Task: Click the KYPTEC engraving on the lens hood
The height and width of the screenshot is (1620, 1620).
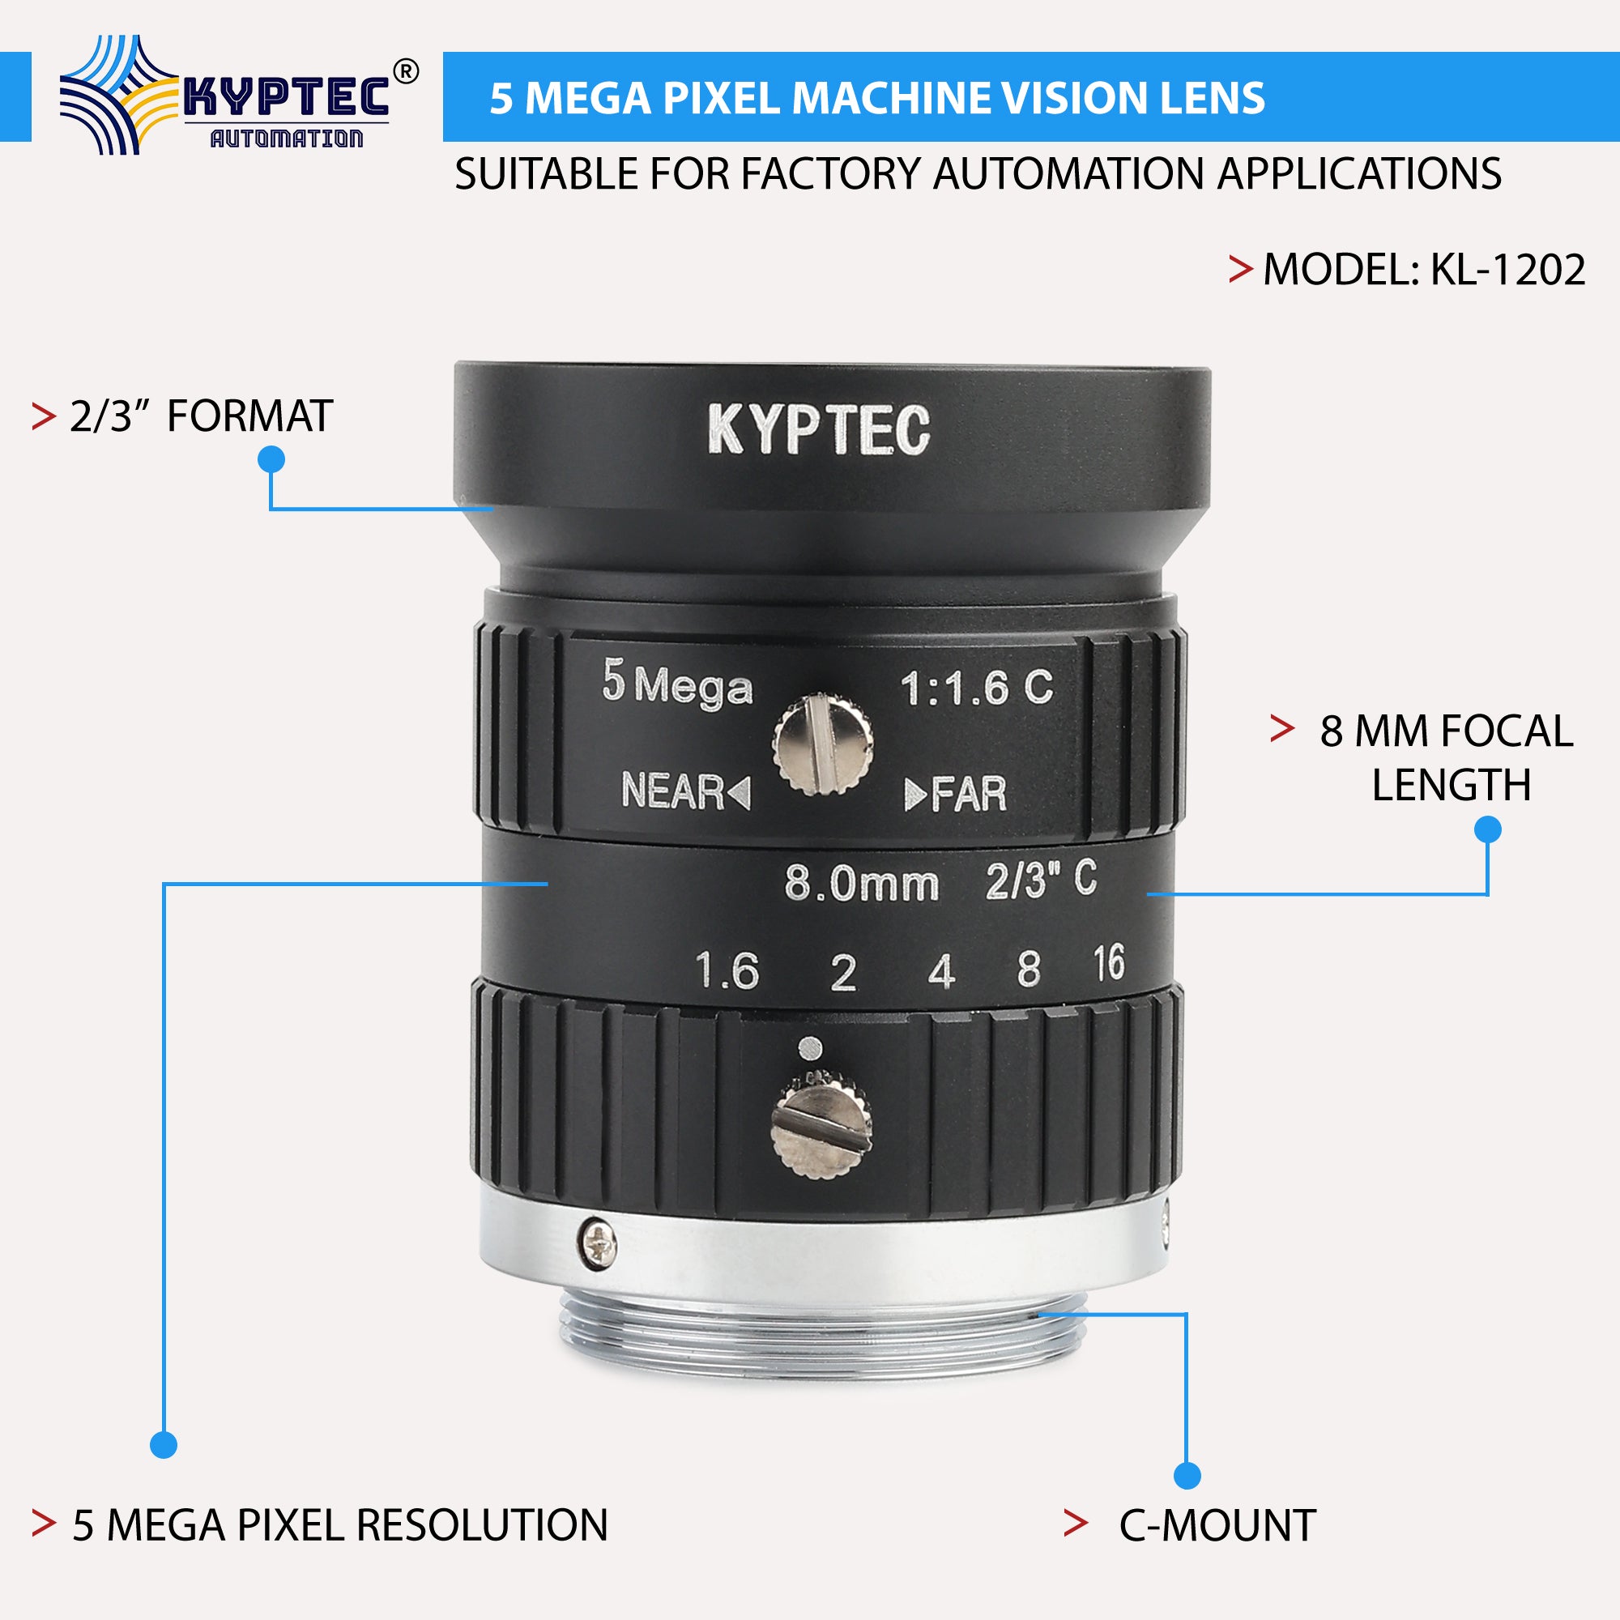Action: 818,430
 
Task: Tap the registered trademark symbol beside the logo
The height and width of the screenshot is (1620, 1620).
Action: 405,73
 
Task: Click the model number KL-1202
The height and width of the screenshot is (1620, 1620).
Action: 1507,270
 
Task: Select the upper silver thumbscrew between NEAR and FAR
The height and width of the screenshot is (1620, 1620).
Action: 823,744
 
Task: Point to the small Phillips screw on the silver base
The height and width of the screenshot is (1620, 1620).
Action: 599,1243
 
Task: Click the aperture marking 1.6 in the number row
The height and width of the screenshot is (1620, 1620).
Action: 727,971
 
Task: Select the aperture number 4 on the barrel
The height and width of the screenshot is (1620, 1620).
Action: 942,973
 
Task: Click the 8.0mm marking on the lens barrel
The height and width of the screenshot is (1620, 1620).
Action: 861,884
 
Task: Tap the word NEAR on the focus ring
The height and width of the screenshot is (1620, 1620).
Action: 672,791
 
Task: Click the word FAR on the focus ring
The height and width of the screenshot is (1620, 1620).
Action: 968,794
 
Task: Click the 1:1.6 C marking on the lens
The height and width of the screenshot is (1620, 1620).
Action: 976,688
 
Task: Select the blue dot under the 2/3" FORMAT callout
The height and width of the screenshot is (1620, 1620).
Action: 271,459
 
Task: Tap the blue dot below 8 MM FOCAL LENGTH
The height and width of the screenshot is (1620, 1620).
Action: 1487,830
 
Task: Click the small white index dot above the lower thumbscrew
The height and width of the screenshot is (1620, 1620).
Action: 811,1047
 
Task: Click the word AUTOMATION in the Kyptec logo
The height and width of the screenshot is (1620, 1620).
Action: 286,139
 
